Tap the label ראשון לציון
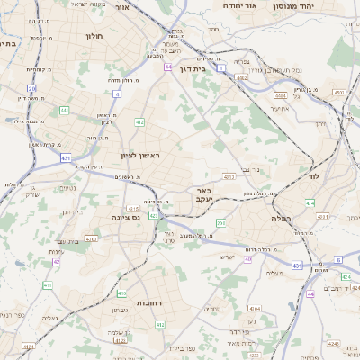pyautogui.click(x=139, y=156)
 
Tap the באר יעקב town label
pyautogui.click(x=203, y=195)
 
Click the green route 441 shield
pyautogui.click(x=64, y=110)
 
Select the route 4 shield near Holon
pyautogui.click(x=167, y=67)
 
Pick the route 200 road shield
pyautogui.click(x=221, y=222)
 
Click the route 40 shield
pyautogui.click(x=247, y=259)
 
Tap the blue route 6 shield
pyautogui.click(x=338, y=260)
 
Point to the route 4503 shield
pyautogui.click(x=338, y=92)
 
